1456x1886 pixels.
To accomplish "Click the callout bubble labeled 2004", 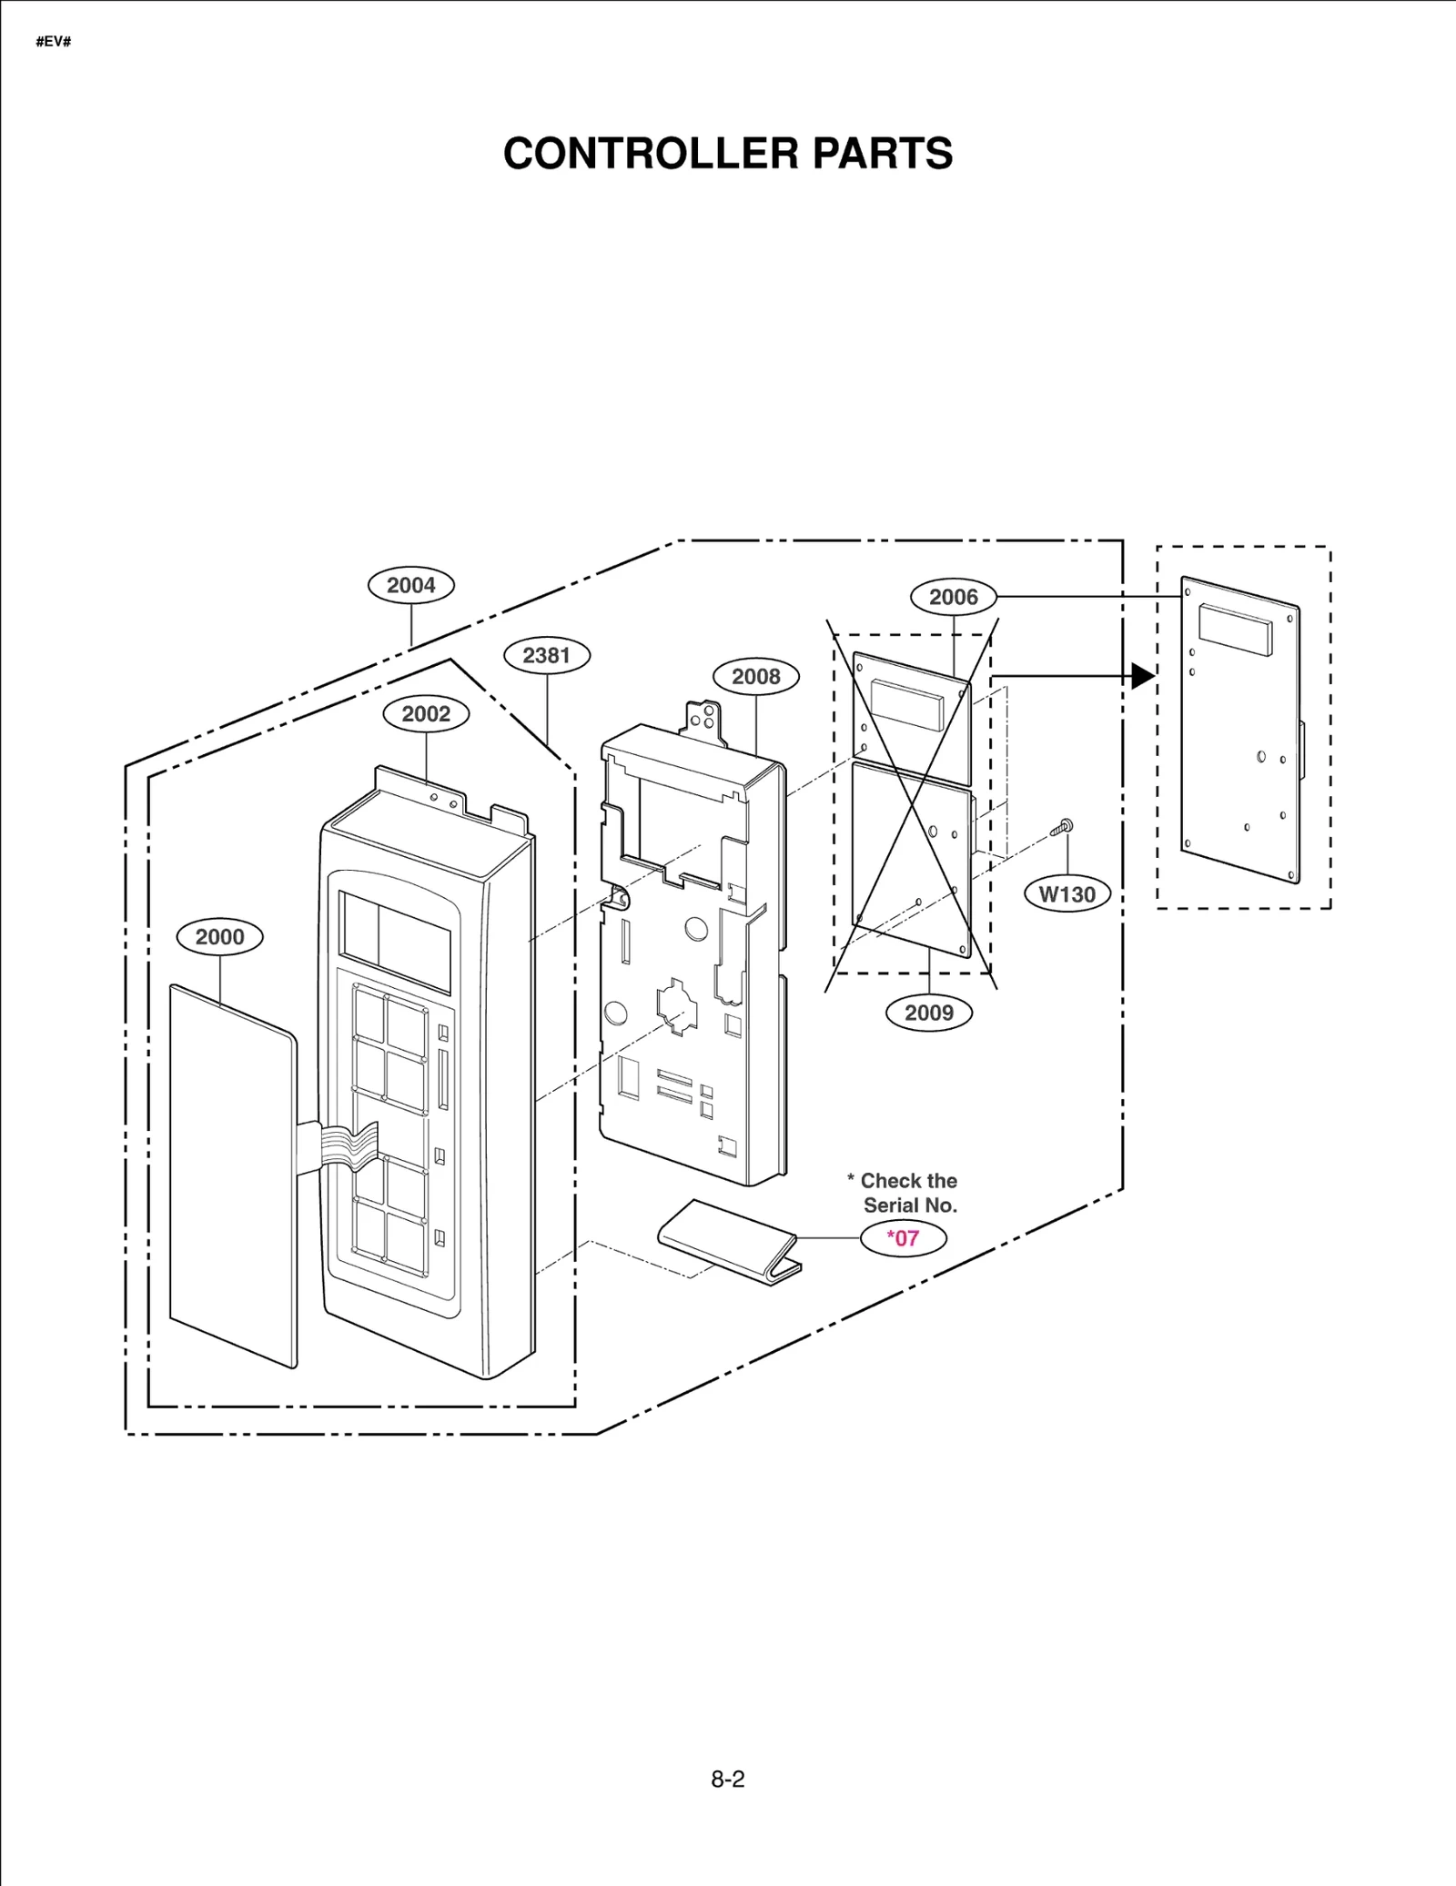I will click(410, 585).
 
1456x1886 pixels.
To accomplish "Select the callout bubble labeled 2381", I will click(546, 655).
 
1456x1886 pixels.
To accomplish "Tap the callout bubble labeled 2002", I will click(426, 714).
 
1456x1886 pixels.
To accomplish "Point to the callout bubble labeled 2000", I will click(219, 937).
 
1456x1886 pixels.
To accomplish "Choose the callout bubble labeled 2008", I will click(755, 676).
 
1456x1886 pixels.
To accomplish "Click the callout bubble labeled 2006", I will click(953, 597).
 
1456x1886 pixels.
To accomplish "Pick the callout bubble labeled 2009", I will click(928, 1013).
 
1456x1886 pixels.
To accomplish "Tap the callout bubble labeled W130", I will click(1067, 894).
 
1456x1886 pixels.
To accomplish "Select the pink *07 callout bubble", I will click(903, 1238).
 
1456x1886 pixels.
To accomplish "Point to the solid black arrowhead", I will click(1143, 676).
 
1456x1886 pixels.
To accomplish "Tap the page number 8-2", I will click(727, 1780).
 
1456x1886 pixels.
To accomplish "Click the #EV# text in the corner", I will click(54, 42).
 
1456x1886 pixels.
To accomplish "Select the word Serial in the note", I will click(893, 1205).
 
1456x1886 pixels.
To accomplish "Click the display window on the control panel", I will click(394, 942).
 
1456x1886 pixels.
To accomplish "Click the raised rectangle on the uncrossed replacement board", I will click(1235, 630).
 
